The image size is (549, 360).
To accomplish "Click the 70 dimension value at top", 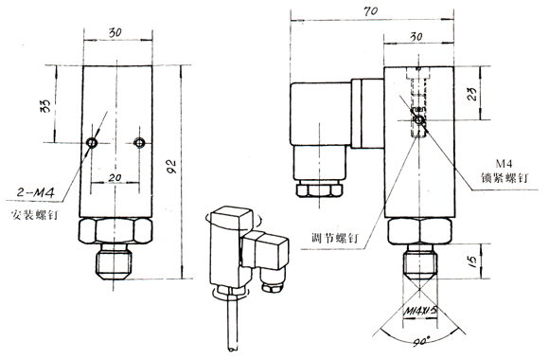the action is click(x=370, y=11).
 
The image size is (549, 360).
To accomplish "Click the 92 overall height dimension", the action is click(x=171, y=167).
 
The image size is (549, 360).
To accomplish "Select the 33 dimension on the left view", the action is click(x=46, y=106).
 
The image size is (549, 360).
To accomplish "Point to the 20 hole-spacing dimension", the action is click(x=115, y=178).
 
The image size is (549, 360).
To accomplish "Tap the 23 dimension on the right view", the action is click(x=472, y=94).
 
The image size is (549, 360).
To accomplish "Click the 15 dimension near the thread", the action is click(x=472, y=261).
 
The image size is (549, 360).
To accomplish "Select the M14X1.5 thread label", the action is click(x=421, y=311).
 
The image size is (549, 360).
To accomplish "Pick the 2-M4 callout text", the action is click(x=36, y=192).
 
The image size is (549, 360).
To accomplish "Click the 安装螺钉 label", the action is click(x=34, y=214).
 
